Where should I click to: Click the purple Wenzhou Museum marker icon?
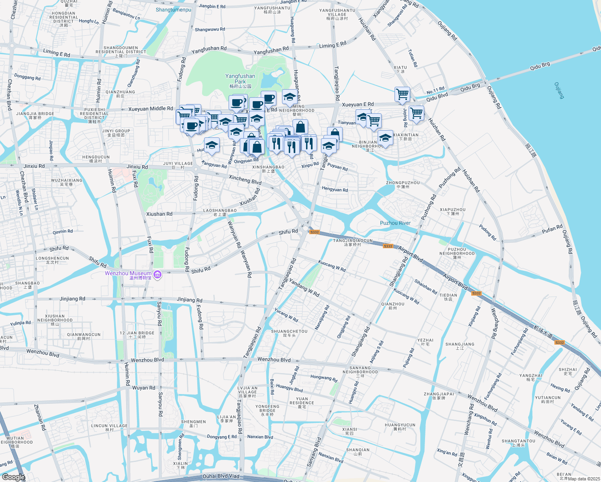[x=157, y=275]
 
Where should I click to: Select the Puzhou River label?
[x=395, y=223]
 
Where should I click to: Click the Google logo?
[x=13, y=477]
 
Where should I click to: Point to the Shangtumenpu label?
[x=174, y=10]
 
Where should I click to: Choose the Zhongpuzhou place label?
[x=403, y=184]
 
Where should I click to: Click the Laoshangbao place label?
[x=220, y=212]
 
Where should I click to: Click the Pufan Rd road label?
[x=552, y=229]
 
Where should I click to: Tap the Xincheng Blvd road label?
[x=245, y=180]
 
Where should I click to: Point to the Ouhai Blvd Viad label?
[x=221, y=476]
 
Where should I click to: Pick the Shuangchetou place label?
[x=289, y=333]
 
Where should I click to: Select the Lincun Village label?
[x=109, y=427]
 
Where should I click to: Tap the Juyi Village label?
[x=178, y=165]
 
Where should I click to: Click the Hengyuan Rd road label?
[x=335, y=190]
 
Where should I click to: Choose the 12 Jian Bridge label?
[x=137, y=335]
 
